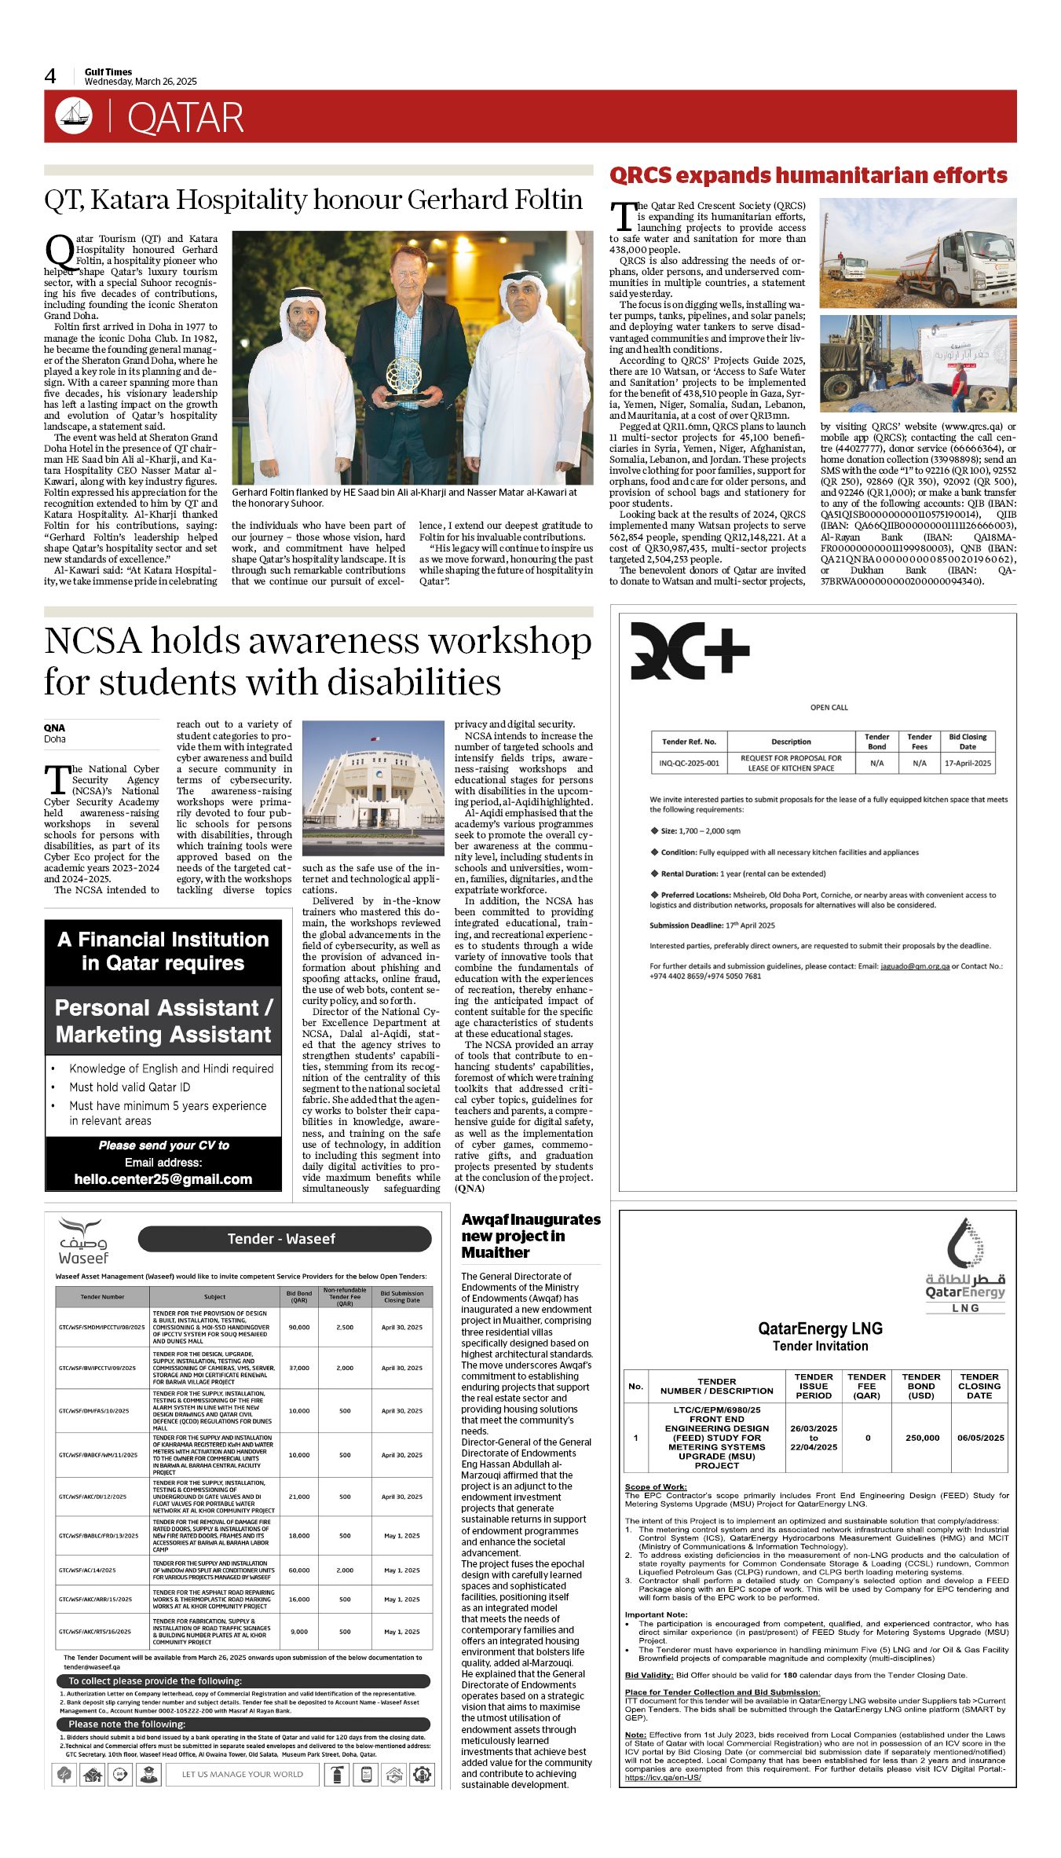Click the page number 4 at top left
(x=50, y=76)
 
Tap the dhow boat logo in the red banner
(x=73, y=116)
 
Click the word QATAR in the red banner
(x=185, y=118)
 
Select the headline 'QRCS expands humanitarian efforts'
(x=808, y=175)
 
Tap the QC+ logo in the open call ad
(x=690, y=651)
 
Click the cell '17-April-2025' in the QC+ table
(x=968, y=763)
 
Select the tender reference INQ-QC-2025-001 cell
(x=689, y=763)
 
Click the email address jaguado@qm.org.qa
(x=915, y=966)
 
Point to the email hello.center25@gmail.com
(x=163, y=1179)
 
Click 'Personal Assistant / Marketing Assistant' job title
(x=163, y=1021)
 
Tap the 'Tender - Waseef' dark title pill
(x=284, y=1239)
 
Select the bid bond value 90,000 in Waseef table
(x=298, y=1327)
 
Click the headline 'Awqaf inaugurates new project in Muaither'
(x=530, y=1236)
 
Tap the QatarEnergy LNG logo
(x=965, y=1266)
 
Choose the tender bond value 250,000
(x=922, y=1438)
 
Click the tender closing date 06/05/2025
(x=980, y=1438)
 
